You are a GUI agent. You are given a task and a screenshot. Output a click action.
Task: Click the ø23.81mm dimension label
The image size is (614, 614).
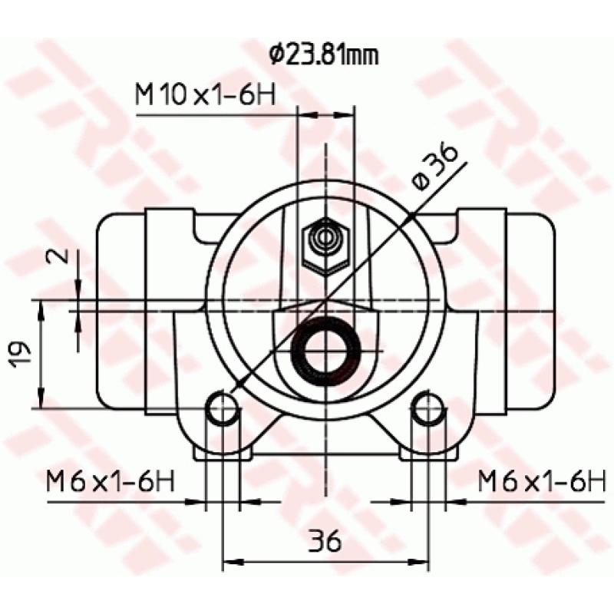click(x=323, y=54)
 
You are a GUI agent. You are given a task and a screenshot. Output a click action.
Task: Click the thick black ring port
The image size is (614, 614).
click(x=326, y=351)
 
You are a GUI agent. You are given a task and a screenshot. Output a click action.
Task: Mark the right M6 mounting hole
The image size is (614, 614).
click(x=428, y=408)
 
